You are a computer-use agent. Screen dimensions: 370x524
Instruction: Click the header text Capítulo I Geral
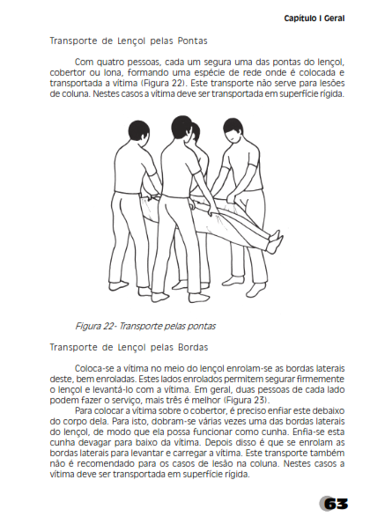coord(314,18)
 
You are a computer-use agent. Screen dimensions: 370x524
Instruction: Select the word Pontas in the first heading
coord(192,41)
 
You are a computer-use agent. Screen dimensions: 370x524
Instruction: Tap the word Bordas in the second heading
coord(193,347)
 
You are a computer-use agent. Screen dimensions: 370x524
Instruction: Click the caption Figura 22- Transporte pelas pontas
coord(145,326)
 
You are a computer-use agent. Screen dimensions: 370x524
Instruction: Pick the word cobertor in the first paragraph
coord(67,72)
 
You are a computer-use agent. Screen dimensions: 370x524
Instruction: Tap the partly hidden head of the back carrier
coord(195,132)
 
